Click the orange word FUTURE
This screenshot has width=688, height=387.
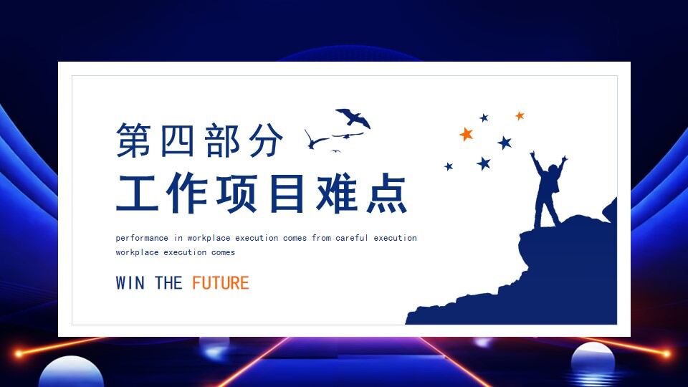click(220, 283)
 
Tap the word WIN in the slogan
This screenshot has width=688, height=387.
click(130, 283)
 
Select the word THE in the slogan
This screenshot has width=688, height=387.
click(168, 283)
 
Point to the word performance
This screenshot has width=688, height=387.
click(142, 238)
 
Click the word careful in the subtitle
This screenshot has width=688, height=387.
click(352, 238)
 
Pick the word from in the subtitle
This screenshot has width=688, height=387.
click(321, 238)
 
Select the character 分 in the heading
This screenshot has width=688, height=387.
click(264, 140)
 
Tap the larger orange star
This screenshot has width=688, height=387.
click(467, 134)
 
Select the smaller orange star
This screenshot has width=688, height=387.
click(520, 115)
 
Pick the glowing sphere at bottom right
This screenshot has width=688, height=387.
click(593, 358)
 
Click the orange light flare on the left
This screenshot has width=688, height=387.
click(19, 353)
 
